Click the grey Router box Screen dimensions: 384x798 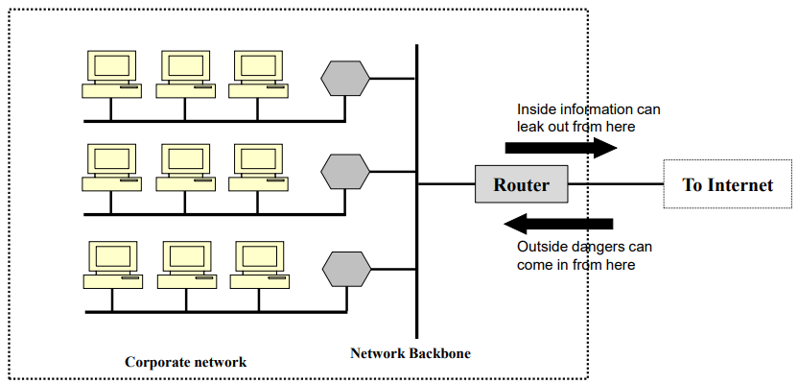[x=521, y=184]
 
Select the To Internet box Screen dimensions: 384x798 [x=727, y=184]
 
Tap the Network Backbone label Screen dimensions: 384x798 [x=411, y=352]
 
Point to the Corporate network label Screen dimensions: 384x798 [x=185, y=362]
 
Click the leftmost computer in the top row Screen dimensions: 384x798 [x=109, y=75]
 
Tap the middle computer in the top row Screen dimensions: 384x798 [x=183, y=75]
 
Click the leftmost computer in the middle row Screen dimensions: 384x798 [x=109, y=169]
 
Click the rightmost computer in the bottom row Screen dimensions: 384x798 [x=259, y=263]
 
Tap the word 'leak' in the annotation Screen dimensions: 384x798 [x=532, y=126]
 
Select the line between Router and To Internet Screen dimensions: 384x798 [x=614, y=184]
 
